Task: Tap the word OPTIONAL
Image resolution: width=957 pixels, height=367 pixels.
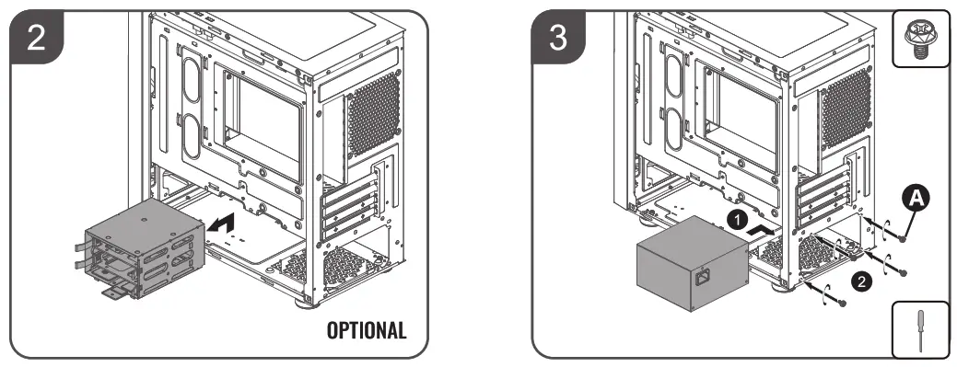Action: [x=367, y=330]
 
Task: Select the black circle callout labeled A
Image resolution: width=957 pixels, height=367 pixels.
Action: [x=915, y=196]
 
